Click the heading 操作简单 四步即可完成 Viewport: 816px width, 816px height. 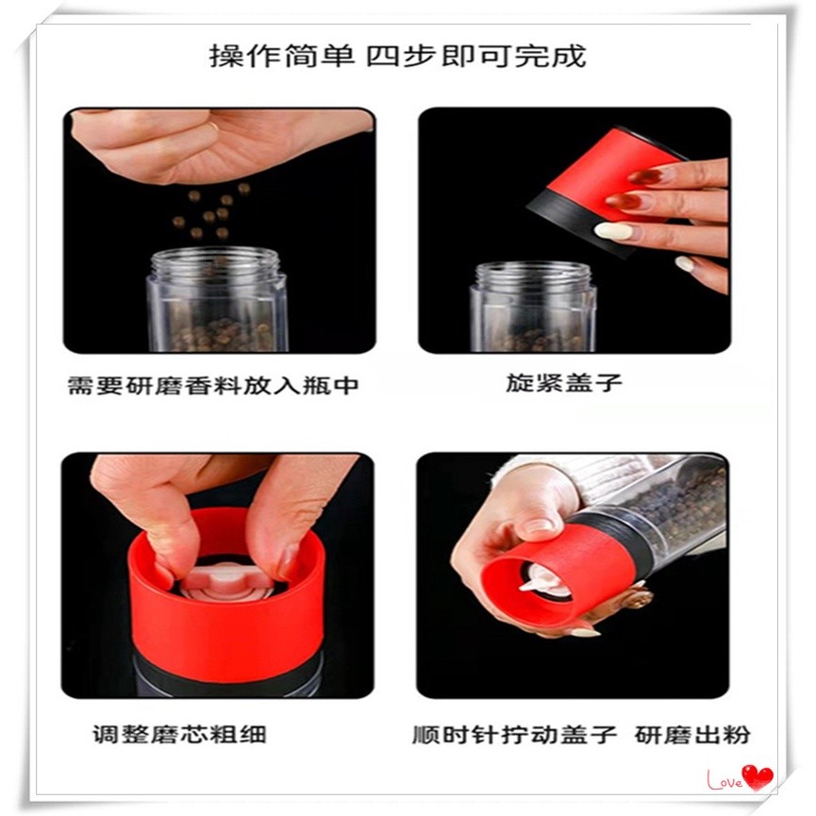point(397,56)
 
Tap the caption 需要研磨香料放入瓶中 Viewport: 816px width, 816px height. point(213,386)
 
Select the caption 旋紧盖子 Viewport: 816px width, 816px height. point(564,382)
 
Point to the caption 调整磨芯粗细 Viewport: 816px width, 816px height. point(179,734)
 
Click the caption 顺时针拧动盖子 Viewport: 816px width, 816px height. point(515,735)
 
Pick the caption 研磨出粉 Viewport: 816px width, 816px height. point(692,735)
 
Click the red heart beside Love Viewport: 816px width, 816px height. point(758,777)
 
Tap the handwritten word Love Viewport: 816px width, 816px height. point(724,780)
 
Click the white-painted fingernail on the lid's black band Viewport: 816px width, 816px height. point(612,229)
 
